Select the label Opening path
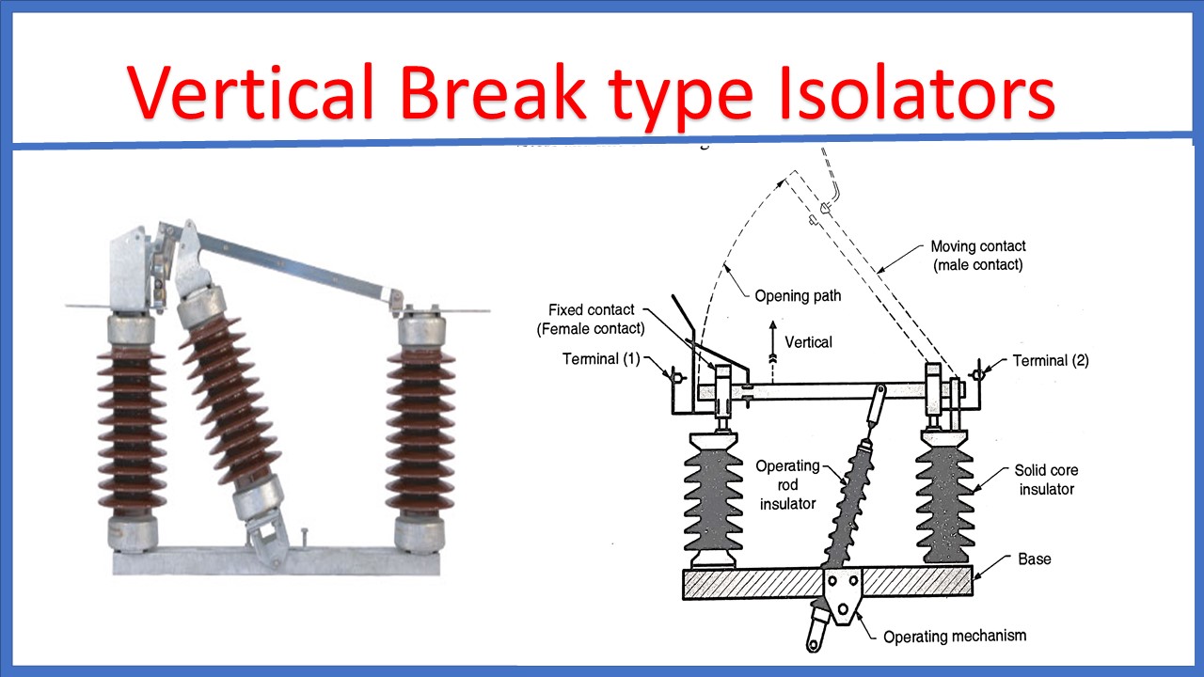pos(798,295)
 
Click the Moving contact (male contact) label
pos(977,256)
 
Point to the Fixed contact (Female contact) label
pos(590,319)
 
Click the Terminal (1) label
pos(604,359)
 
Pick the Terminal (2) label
pos(1051,360)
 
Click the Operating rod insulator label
pos(787,484)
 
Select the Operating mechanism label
pos(955,637)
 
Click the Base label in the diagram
pos(1035,559)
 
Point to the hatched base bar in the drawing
pos(752,583)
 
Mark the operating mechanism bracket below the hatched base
pos(844,597)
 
